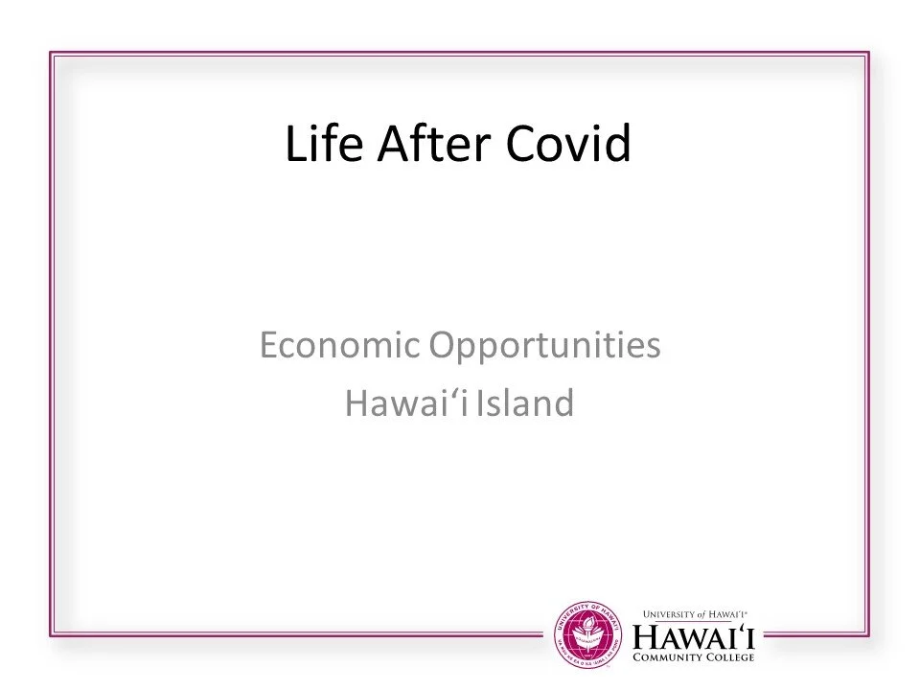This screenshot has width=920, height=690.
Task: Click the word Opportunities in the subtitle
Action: pyautogui.click(x=544, y=344)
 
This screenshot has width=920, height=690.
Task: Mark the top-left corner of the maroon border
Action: pyautogui.click(x=52, y=54)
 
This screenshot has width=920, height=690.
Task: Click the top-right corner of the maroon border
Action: pyautogui.click(x=867, y=54)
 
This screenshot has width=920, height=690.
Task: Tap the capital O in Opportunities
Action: pyautogui.click(x=441, y=344)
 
